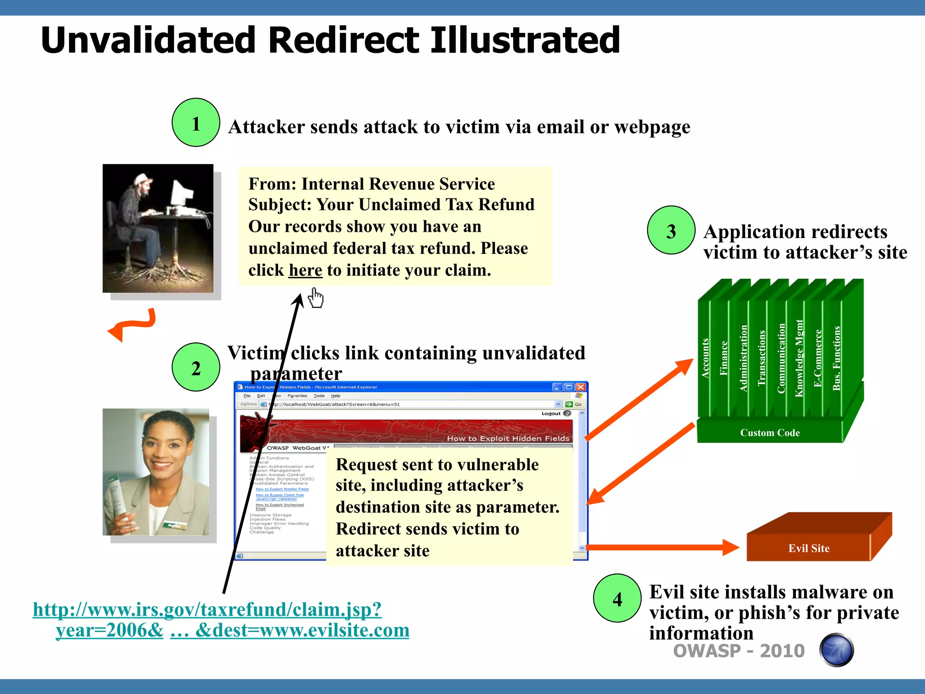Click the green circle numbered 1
196,122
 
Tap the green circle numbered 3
671,230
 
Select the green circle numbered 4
617,598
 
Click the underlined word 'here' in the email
305,270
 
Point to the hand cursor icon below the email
316,298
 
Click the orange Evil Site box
808,548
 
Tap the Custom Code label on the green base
770,432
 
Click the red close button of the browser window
581,387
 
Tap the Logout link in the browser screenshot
551,413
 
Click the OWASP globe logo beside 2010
836,650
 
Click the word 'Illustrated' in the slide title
525,40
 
